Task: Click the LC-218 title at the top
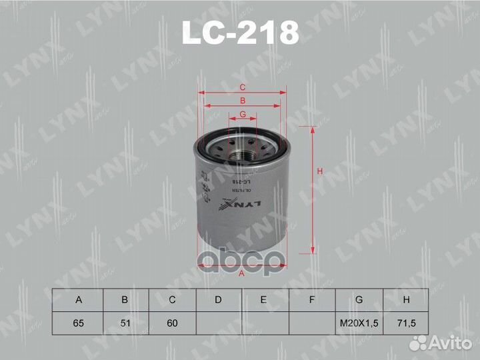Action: tap(241, 33)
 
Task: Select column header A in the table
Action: tap(78, 300)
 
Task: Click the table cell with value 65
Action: tap(78, 323)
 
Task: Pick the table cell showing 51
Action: tap(125, 323)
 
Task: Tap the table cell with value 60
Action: tap(171, 323)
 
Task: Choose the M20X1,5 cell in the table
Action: tap(359, 323)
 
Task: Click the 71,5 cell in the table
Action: tap(405, 323)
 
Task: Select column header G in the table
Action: tap(359, 300)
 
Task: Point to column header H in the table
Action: tap(405, 300)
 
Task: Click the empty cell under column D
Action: tap(218, 323)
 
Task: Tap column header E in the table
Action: tap(265, 300)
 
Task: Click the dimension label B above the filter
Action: tap(243, 101)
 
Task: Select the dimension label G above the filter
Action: tap(243, 114)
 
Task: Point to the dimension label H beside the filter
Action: tap(321, 172)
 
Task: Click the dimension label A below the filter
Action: tap(241, 273)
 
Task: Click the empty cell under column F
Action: tap(311, 323)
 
